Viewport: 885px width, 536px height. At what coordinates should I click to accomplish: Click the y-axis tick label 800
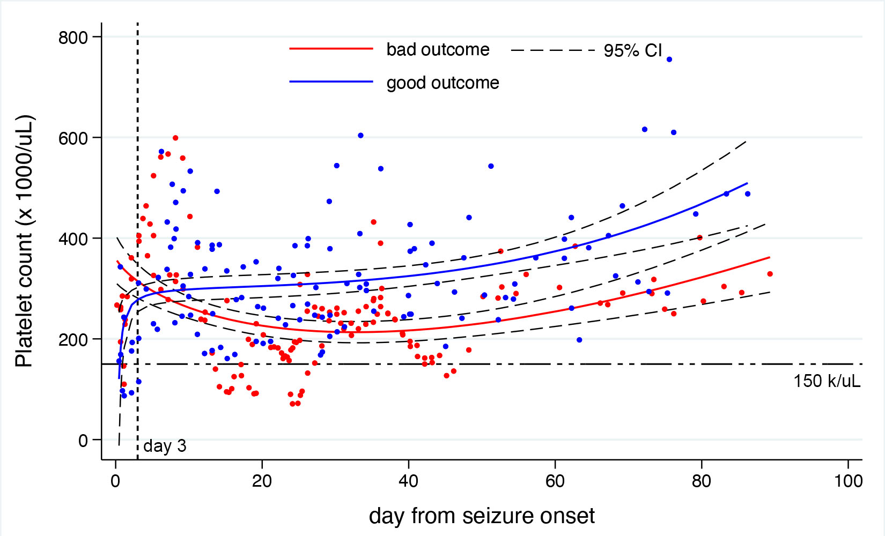pos(73,38)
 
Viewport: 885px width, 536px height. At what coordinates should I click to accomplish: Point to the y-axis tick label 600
pos(73,138)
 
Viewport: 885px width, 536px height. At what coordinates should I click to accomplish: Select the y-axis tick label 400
pos(73,239)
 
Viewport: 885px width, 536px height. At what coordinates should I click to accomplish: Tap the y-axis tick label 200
pos(73,339)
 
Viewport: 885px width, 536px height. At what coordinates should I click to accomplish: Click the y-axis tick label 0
pos(83,441)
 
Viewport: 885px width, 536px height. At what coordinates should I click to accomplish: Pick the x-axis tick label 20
pos(262,481)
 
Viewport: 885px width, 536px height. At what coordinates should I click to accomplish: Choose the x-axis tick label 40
pos(408,481)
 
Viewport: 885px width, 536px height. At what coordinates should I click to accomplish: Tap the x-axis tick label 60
pos(555,481)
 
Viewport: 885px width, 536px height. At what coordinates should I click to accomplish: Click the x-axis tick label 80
pos(701,481)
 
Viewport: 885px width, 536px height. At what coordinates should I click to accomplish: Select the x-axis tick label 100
pos(848,481)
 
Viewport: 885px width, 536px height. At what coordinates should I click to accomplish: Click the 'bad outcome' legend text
pos(438,49)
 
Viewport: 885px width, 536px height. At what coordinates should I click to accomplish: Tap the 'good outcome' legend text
pos(442,83)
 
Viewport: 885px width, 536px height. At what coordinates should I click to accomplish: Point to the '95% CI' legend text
pos(633,50)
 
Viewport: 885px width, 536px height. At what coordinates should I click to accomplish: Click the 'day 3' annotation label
pos(165,446)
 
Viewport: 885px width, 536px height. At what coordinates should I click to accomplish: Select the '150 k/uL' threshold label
pos(827,381)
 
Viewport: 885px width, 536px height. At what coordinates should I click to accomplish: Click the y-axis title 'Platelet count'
pos(24,241)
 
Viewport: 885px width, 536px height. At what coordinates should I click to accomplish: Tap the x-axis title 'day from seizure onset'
pos(482,516)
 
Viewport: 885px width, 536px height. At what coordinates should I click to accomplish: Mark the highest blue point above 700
pos(669,59)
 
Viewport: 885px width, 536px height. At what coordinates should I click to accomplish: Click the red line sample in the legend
pos(331,49)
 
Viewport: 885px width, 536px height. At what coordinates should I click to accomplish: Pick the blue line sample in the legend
pos(331,82)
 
